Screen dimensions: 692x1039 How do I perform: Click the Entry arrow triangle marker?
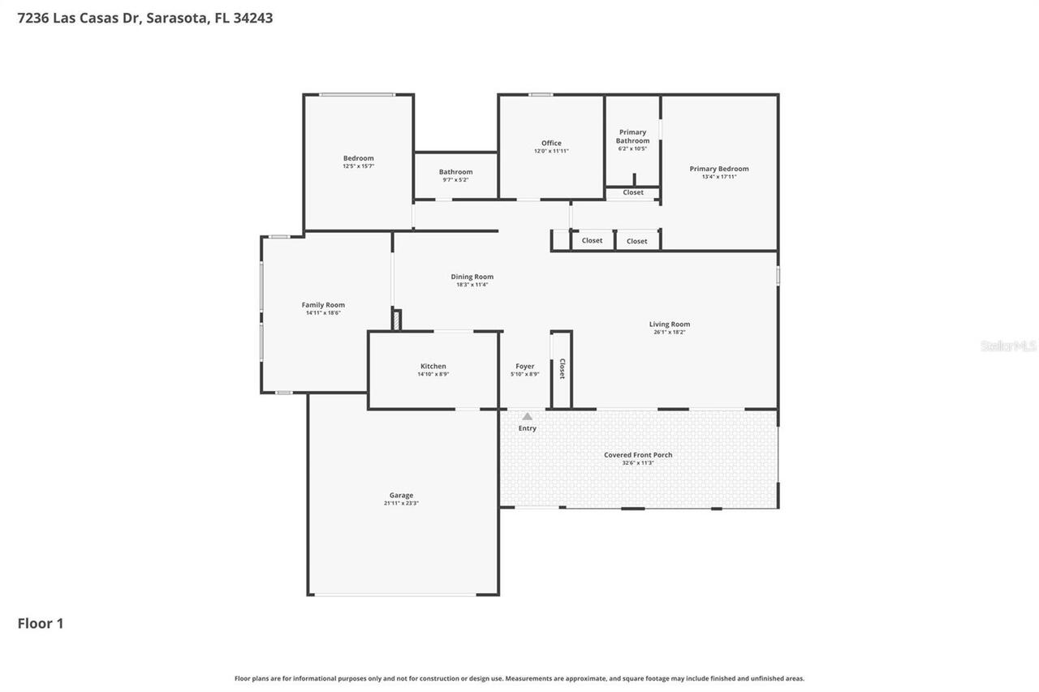(x=527, y=416)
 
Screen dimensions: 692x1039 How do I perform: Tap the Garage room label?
(x=401, y=495)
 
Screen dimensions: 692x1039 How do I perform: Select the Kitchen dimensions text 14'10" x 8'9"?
(x=433, y=374)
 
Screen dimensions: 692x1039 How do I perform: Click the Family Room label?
(x=323, y=305)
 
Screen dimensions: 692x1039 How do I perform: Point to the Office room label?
(x=551, y=144)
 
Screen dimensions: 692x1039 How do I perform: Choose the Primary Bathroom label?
(x=632, y=136)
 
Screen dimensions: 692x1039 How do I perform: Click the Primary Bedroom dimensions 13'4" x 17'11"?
(x=719, y=177)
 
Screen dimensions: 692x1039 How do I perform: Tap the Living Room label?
(x=670, y=325)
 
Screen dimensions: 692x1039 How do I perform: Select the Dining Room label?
(x=472, y=277)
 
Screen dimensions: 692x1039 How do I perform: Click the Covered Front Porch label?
(x=638, y=455)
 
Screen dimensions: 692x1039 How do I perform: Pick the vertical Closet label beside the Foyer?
(x=562, y=369)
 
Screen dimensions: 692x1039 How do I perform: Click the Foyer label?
(x=525, y=367)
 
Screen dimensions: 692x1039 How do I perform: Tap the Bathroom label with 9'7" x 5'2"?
(x=455, y=172)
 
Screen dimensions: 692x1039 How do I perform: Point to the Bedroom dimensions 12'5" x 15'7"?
(x=358, y=166)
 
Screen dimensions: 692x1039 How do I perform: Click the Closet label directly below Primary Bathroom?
(x=633, y=192)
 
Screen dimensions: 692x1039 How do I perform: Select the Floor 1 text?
(x=41, y=623)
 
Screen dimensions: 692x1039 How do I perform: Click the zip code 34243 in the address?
(x=252, y=18)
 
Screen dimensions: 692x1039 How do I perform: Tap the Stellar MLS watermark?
(x=1008, y=346)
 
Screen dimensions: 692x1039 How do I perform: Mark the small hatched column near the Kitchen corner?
(x=396, y=320)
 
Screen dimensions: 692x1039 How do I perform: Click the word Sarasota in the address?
(x=177, y=18)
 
